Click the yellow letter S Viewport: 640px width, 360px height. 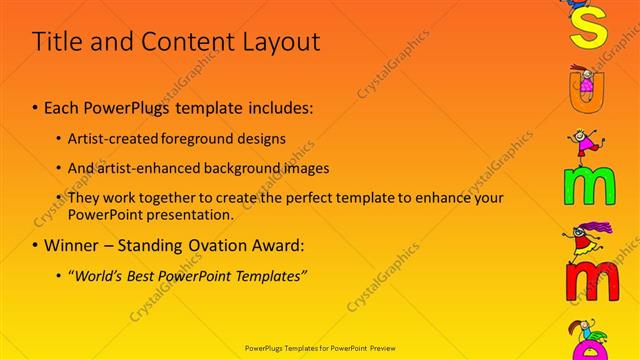[588, 27]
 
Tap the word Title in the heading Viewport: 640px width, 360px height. [58, 42]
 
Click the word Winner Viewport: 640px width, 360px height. [73, 245]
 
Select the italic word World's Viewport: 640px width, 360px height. [97, 275]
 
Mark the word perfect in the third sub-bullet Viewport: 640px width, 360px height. [307, 198]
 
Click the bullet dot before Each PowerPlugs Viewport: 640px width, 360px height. [36, 107]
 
